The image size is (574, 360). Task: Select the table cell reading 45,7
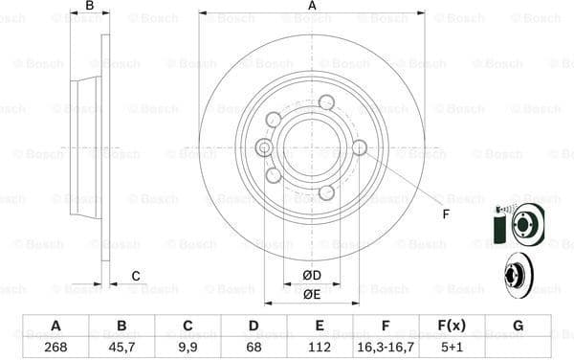(121, 347)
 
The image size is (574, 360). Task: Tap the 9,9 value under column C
(188, 347)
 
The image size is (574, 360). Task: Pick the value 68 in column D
(254, 347)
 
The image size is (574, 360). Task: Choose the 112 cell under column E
(320, 347)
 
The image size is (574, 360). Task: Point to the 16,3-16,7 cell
(386, 347)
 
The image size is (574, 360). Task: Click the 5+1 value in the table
(452, 347)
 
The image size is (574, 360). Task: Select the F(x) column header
(452, 326)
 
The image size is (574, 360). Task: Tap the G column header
(518, 326)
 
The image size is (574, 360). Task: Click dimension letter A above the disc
(312, 7)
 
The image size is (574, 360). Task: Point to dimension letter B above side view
(90, 7)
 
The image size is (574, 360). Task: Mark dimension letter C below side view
(136, 277)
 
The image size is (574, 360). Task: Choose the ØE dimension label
(312, 294)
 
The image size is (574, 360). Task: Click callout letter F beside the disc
(446, 214)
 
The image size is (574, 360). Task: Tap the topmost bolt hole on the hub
(326, 102)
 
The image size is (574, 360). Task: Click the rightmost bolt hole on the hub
(360, 147)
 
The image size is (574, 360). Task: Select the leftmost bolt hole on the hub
(264, 146)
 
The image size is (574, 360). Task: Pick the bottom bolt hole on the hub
(326, 192)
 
